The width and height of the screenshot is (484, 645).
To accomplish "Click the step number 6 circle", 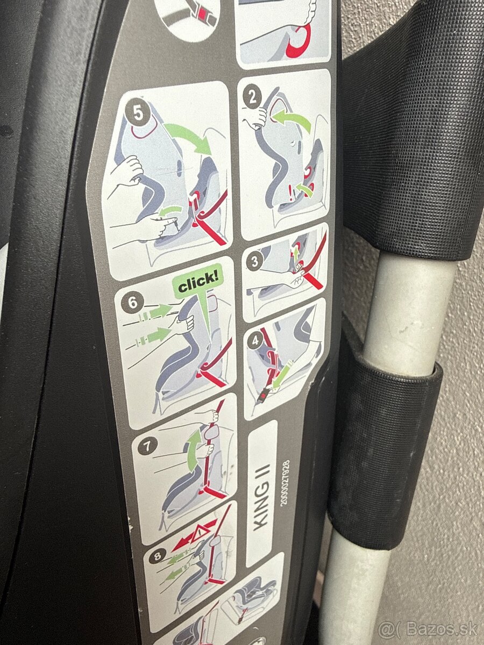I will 133,303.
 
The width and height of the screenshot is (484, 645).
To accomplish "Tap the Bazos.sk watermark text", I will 428,628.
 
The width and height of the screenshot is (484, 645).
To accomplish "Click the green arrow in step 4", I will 284,373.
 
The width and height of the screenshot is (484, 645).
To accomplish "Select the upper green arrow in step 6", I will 158,310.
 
